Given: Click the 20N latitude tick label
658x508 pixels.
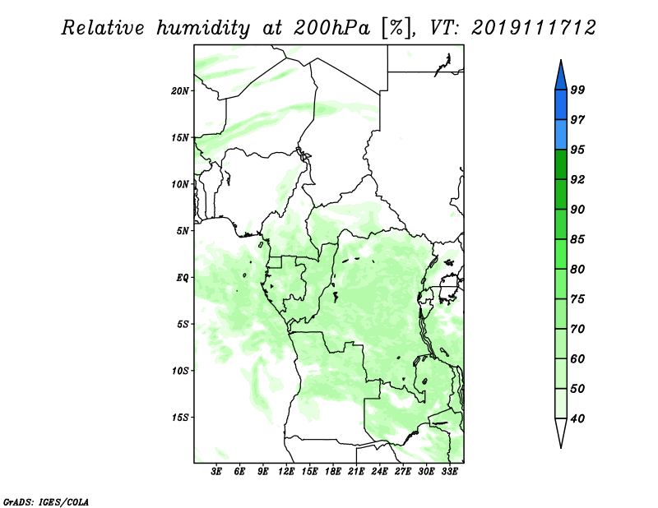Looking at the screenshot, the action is [x=179, y=91].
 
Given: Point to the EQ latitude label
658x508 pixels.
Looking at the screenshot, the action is [x=182, y=278].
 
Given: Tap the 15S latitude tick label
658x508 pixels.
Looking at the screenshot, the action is [x=179, y=418].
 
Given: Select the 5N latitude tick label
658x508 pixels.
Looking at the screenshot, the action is [x=183, y=231].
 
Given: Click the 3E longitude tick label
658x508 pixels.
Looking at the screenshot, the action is [x=216, y=472].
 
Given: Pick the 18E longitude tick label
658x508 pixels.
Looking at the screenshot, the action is [x=333, y=472].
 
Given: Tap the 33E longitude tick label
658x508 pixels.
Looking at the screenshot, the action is [x=449, y=472].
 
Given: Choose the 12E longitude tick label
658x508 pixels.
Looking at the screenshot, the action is [x=286, y=472].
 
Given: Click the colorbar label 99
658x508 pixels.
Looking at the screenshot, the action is [x=577, y=90].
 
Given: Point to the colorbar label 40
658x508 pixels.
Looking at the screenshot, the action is [x=577, y=418].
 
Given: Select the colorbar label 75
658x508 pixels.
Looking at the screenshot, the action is [x=577, y=299].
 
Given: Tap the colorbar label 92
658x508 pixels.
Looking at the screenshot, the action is [x=577, y=179].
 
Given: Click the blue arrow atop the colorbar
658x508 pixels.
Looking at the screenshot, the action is [x=561, y=76].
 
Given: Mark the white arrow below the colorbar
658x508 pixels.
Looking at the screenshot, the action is [x=561, y=432].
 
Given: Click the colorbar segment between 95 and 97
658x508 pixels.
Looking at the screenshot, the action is [x=561, y=135].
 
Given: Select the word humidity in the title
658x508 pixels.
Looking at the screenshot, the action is [x=203, y=28].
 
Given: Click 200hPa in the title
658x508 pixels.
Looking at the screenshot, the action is [x=331, y=28].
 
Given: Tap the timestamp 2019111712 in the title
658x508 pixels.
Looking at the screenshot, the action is [x=533, y=28].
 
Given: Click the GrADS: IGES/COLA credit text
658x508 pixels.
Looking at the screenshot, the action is [x=46, y=501].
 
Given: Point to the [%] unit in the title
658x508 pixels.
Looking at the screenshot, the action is [x=396, y=28].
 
